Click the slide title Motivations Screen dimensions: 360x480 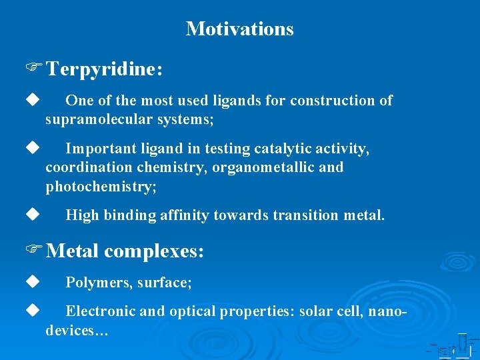pyautogui.click(x=239, y=29)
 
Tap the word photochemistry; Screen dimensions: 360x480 pyautogui.click(x=101, y=186)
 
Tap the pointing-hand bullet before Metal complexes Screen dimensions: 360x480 pyautogui.click(x=34, y=251)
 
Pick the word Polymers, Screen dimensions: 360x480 pyautogui.click(x=99, y=283)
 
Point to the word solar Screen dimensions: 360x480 pyautogui.click(x=317, y=311)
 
